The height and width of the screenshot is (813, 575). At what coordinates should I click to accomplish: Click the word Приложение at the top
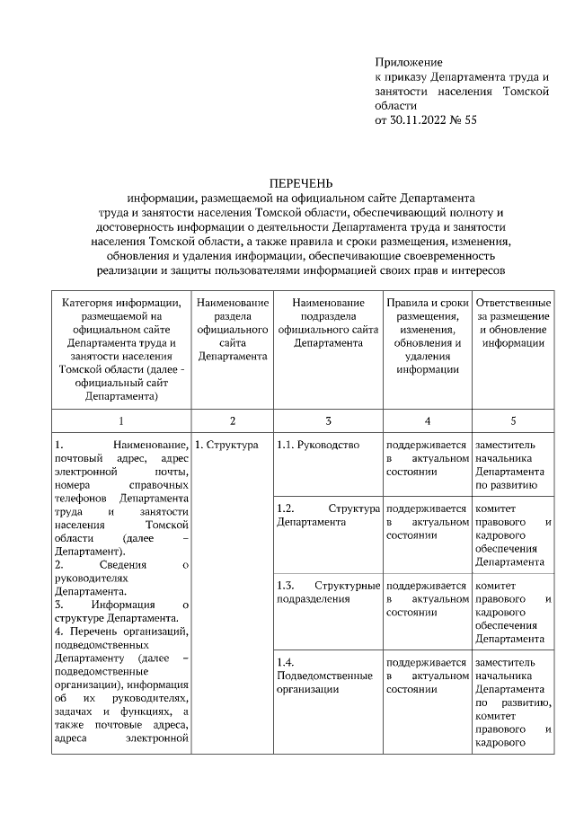tap(409, 62)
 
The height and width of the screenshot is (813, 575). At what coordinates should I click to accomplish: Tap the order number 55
tap(469, 119)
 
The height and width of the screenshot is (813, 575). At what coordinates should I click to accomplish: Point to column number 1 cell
tap(121, 420)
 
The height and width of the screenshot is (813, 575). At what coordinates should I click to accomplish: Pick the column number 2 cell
tap(232, 420)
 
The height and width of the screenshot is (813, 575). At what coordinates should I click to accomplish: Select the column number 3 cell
tap(328, 420)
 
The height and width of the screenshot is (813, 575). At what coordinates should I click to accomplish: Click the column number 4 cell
tap(427, 420)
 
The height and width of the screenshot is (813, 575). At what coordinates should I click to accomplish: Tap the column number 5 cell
tap(512, 420)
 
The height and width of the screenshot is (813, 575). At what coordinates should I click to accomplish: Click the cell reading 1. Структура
tap(226, 445)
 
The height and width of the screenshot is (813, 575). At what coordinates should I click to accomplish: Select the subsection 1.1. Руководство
tap(318, 445)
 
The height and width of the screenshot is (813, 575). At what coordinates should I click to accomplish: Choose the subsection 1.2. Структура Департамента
tap(328, 515)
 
